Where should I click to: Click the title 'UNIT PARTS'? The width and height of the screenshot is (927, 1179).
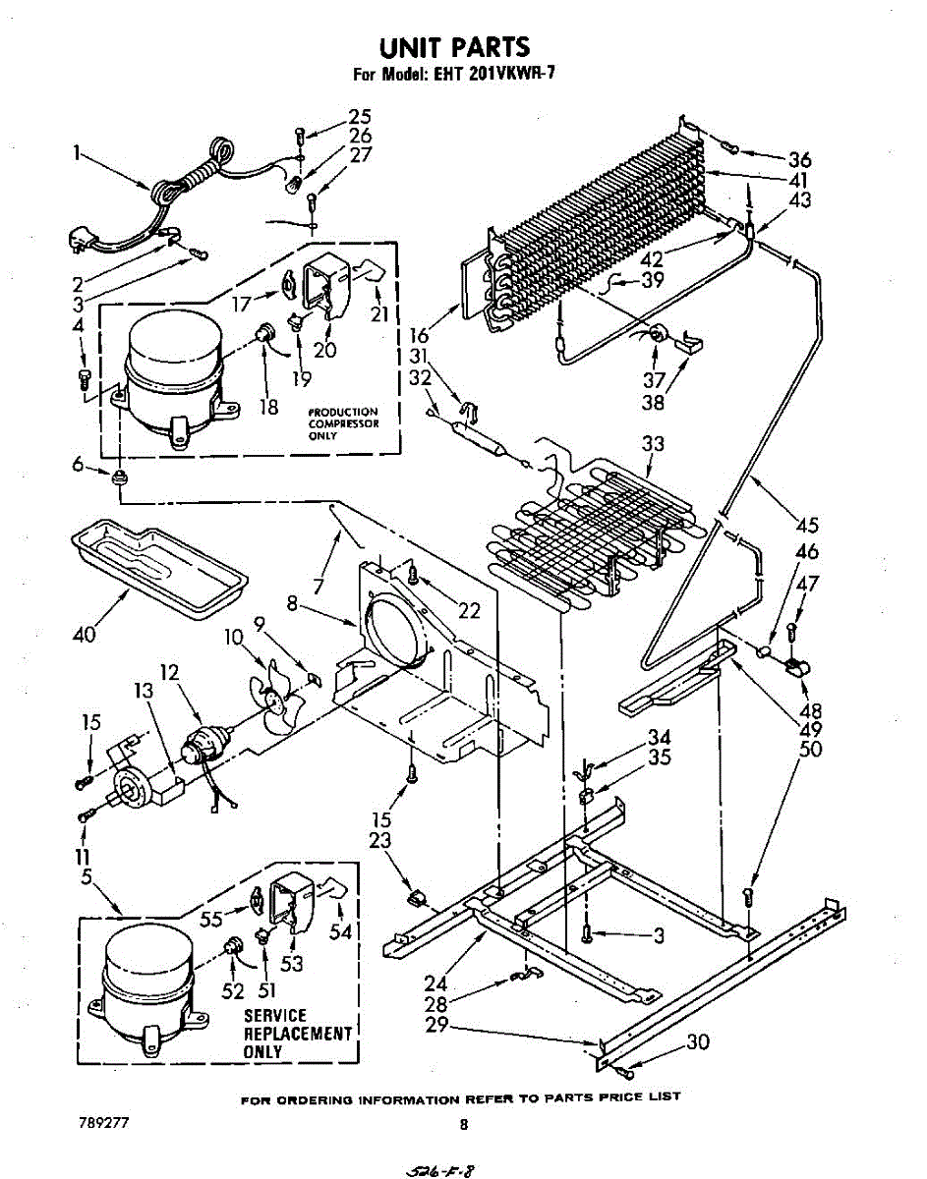[x=454, y=46]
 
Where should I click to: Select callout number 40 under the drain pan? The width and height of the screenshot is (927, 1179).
[x=85, y=635]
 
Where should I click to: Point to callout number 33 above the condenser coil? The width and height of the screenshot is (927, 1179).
[x=653, y=444]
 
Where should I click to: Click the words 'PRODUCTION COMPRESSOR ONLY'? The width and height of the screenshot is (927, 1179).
[x=342, y=423]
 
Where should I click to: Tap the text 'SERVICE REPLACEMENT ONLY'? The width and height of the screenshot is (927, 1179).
[x=297, y=1033]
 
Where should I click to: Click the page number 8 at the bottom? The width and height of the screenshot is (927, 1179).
[x=463, y=1124]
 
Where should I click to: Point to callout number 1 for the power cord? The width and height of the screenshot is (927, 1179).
[x=76, y=153]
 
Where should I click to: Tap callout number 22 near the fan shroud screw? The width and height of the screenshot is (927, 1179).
[x=469, y=611]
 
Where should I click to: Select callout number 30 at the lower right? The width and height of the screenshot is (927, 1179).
[x=697, y=1042]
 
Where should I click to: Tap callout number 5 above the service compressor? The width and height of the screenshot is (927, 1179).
[x=87, y=876]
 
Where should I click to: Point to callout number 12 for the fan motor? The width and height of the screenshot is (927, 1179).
[x=169, y=673]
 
